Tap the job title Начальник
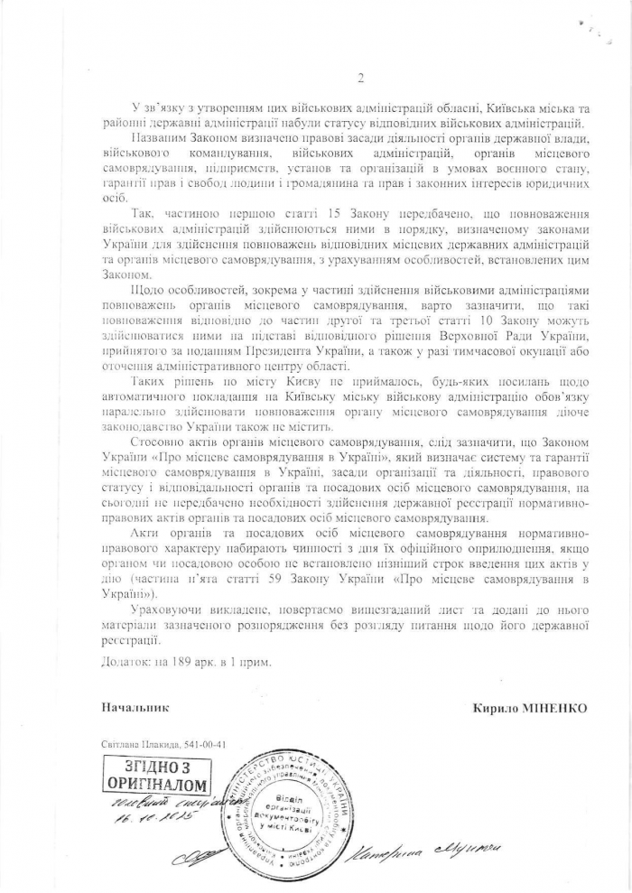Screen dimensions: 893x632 click(x=135, y=709)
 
